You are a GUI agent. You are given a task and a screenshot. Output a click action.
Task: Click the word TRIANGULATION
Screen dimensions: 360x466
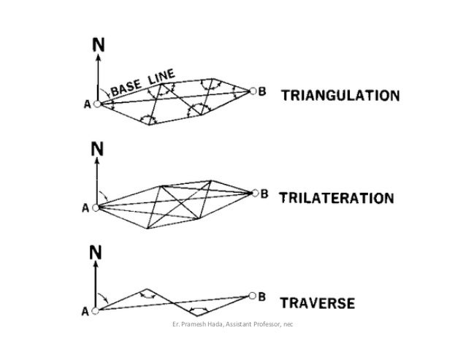pyautogui.click(x=340, y=96)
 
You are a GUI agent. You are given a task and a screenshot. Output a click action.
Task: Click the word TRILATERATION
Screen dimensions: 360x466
pyautogui.click(x=337, y=198)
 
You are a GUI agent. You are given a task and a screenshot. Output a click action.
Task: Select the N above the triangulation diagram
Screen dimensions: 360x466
pyautogui.click(x=96, y=46)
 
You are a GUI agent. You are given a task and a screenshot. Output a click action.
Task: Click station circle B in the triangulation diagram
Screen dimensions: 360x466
pyautogui.click(x=253, y=91)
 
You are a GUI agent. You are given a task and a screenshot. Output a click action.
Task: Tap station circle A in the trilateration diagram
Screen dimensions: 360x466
pyautogui.click(x=97, y=207)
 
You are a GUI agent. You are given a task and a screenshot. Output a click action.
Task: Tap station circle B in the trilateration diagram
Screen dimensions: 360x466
pyautogui.click(x=254, y=194)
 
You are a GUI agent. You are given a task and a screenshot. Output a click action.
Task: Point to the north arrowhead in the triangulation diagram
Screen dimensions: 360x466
pyautogui.click(x=97, y=58)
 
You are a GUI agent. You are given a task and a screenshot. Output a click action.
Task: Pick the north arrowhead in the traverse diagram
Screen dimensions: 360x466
pyautogui.click(x=97, y=265)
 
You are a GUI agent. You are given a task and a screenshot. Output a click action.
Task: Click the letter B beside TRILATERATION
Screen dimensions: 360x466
pyautogui.click(x=265, y=194)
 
